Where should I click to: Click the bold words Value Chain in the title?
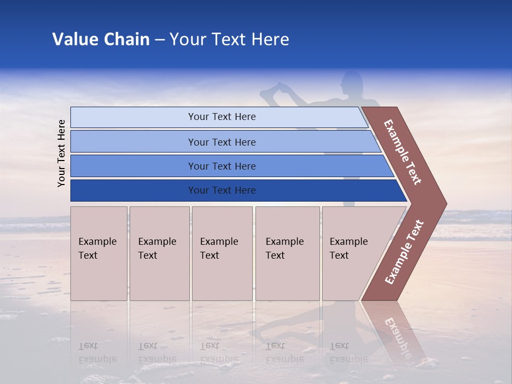pyautogui.click(x=101, y=39)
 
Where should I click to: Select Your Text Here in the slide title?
pyautogui.click(x=229, y=39)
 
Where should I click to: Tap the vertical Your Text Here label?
pyautogui.click(x=61, y=153)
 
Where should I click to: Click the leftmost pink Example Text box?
pyautogui.click(x=99, y=253)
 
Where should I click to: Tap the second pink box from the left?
pyautogui.click(x=159, y=253)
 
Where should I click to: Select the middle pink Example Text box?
pyautogui.click(x=222, y=253)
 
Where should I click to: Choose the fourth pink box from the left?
pyautogui.click(x=287, y=253)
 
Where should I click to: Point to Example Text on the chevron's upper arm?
pyautogui.click(x=403, y=152)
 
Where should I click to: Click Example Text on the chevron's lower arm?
pyautogui.click(x=404, y=252)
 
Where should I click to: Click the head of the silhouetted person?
pyautogui.click(x=353, y=83)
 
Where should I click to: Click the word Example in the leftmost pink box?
pyautogui.click(x=97, y=242)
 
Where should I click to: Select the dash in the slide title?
pyautogui.click(x=159, y=40)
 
